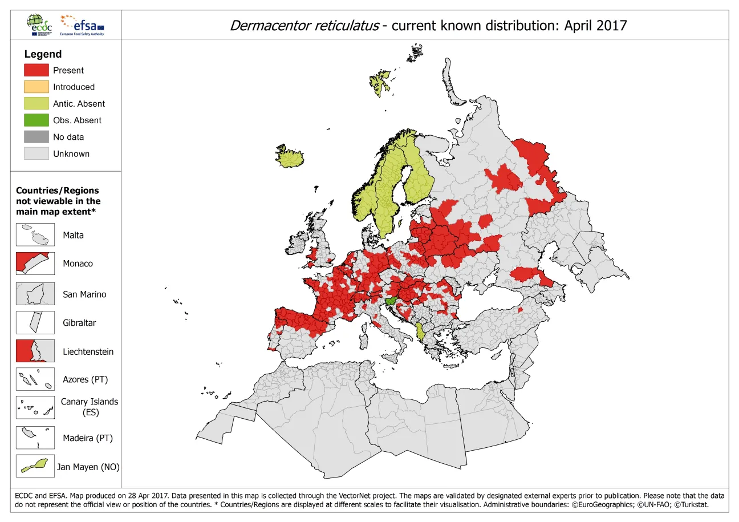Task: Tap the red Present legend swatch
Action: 36,70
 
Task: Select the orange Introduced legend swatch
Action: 36,87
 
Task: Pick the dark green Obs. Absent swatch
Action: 36,120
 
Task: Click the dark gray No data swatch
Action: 36,137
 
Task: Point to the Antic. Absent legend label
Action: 79,104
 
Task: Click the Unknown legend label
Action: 71,154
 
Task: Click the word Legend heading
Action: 43,54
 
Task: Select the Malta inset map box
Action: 35,234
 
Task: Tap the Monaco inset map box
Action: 35,264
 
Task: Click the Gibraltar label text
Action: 79,323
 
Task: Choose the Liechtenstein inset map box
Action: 35,351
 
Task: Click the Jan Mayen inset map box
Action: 35,466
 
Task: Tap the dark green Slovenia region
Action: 392,301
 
